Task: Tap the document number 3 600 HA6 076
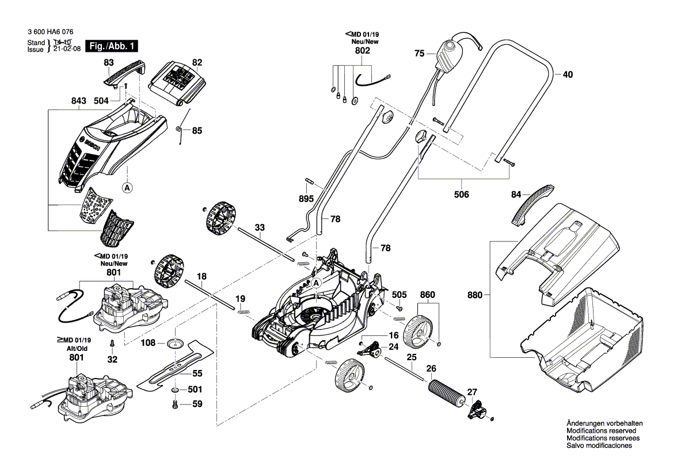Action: (x=50, y=33)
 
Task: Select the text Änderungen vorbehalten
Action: (x=604, y=424)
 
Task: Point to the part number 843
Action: (x=78, y=101)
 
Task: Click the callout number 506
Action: (x=461, y=194)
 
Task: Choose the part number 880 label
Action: (x=475, y=296)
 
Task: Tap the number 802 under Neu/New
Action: (x=362, y=51)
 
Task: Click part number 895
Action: (x=306, y=199)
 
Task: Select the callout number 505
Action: (x=400, y=295)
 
